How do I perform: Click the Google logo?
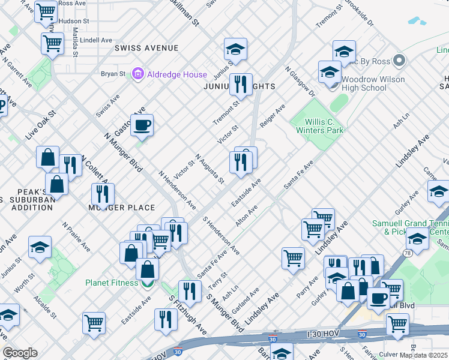(20, 353)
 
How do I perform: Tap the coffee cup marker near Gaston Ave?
(142, 125)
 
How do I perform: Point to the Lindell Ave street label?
(95, 40)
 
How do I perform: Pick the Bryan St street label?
(113, 74)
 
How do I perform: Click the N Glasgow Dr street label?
(300, 82)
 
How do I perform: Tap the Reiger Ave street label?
(272, 115)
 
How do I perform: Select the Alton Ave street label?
(246, 215)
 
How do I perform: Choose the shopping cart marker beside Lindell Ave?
(52, 43)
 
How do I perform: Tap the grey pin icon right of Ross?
(399, 61)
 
